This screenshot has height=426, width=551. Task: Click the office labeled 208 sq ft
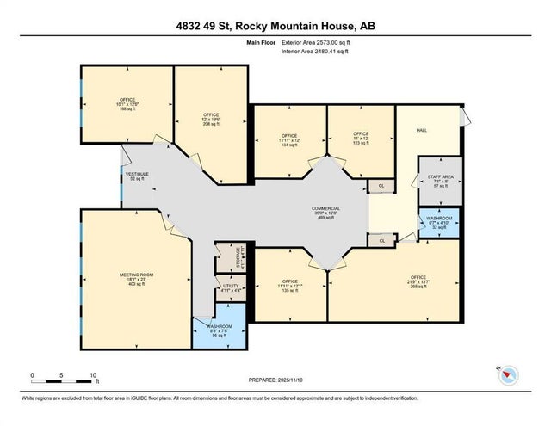pyautogui.click(x=212, y=119)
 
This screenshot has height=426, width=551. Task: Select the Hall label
pyautogui.click(x=422, y=130)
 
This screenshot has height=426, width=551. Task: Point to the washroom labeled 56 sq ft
pyautogui.click(x=220, y=330)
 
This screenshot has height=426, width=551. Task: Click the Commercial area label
pyautogui.click(x=326, y=213)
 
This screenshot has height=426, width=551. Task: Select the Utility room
pyautogui.click(x=231, y=288)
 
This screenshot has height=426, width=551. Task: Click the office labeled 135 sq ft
pyautogui.click(x=289, y=286)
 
